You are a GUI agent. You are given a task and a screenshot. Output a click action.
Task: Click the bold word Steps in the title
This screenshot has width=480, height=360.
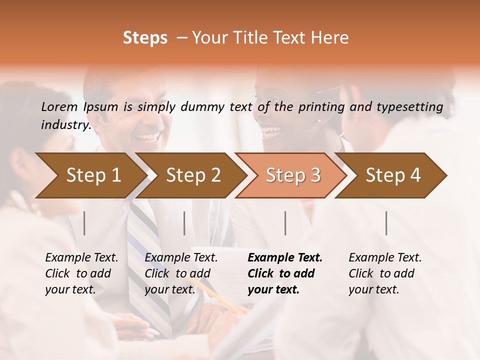pyautogui.click(x=145, y=38)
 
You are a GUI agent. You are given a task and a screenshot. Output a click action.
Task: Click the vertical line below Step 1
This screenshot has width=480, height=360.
pyautogui.click(x=84, y=223)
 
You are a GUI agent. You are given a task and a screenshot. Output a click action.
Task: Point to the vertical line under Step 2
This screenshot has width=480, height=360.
pyautogui.click(x=184, y=223)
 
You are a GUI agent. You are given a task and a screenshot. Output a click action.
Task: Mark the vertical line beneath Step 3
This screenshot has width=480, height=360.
pyautogui.click(x=285, y=223)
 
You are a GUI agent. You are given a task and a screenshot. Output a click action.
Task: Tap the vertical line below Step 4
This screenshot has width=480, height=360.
pyautogui.click(x=386, y=223)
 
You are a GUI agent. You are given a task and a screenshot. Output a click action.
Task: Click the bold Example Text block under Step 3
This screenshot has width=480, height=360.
pyautogui.click(x=285, y=273)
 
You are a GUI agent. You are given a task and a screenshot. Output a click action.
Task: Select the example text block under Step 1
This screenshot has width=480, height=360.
pyautogui.click(x=81, y=273)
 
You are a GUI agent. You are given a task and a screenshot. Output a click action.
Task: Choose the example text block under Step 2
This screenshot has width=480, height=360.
pyautogui.click(x=181, y=273)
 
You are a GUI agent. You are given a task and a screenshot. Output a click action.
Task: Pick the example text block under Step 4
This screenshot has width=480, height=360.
pyautogui.click(x=385, y=273)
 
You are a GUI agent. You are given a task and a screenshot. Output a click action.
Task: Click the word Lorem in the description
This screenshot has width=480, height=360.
pyautogui.click(x=59, y=106)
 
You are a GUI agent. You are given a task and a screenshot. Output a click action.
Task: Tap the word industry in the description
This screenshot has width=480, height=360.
pyautogui.click(x=65, y=124)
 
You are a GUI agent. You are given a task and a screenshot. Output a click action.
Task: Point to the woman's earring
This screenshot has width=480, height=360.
pyautogui.click(x=319, y=120)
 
